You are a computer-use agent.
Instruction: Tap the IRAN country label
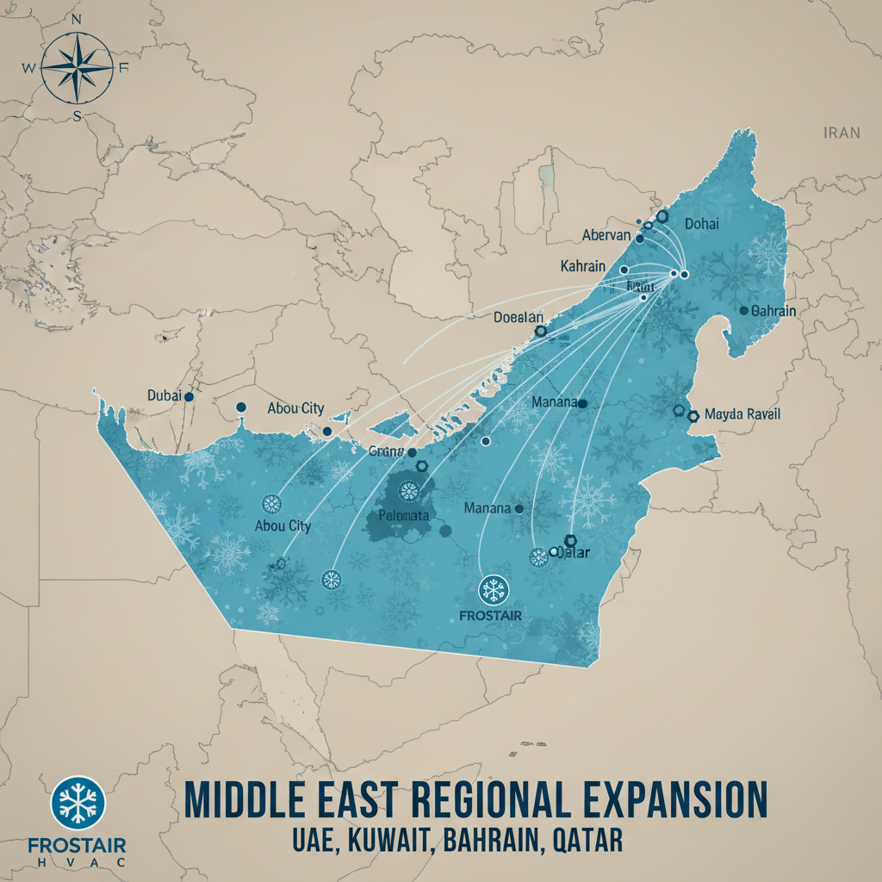tap(842, 133)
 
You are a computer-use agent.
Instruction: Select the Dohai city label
tap(701, 224)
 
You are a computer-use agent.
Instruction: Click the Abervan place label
tap(607, 236)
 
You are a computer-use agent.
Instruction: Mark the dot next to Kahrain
tap(623, 270)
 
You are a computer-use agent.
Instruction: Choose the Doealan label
tap(519, 317)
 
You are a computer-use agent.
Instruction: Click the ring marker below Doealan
tap(540, 331)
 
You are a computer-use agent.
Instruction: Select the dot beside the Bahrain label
tap(743, 310)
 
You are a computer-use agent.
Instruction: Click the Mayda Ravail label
tap(742, 414)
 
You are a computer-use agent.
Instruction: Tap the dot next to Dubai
tap(189, 396)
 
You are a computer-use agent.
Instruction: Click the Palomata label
tap(404, 516)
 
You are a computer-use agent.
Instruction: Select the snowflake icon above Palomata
tap(407, 492)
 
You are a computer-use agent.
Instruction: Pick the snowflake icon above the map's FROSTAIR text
tap(493, 590)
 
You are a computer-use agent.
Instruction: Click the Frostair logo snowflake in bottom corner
tap(78, 801)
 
